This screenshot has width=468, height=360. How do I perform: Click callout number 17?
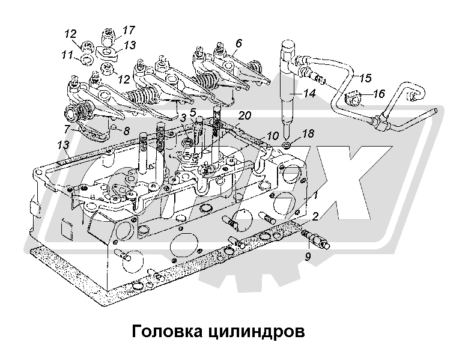(x=129, y=29)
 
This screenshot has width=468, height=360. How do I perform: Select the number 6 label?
(x=239, y=43)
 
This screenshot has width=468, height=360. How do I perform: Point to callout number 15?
(x=365, y=78)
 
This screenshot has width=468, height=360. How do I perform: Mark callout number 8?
(x=126, y=130)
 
